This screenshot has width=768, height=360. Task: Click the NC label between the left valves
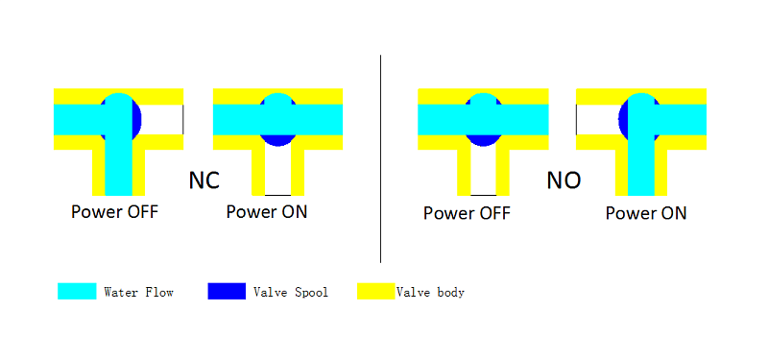[x=204, y=180]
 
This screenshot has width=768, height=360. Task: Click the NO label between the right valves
[x=564, y=180]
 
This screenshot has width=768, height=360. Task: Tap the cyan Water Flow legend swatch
[x=77, y=291]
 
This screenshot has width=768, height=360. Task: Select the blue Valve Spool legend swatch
[x=227, y=291]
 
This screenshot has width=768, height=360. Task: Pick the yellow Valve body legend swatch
[x=376, y=291]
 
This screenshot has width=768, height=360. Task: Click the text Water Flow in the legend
[x=138, y=293]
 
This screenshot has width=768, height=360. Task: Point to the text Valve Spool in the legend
[x=291, y=293]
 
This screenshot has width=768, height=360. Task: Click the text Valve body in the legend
[x=430, y=293]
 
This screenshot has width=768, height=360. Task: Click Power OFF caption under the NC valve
[x=114, y=212]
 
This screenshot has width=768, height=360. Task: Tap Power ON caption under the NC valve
[x=267, y=212]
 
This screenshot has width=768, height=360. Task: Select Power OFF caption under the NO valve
[x=467, y=213]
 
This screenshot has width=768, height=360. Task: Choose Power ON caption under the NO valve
[x=646, y=213]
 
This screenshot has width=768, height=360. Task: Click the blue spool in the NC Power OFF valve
[x=136, y=119]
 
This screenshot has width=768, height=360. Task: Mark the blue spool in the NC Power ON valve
[x=277, y=140]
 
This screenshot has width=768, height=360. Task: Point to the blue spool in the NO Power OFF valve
[x=483, y=140]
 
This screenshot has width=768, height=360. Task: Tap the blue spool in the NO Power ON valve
[x=623, y=119]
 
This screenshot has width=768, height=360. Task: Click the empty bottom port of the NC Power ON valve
[x=277, y=173]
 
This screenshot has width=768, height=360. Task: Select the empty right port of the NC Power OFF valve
[x=162, y=119]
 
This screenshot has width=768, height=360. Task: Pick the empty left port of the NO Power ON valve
[x=597, y=119]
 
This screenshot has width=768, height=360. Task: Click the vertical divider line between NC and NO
[x=380, y=158]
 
